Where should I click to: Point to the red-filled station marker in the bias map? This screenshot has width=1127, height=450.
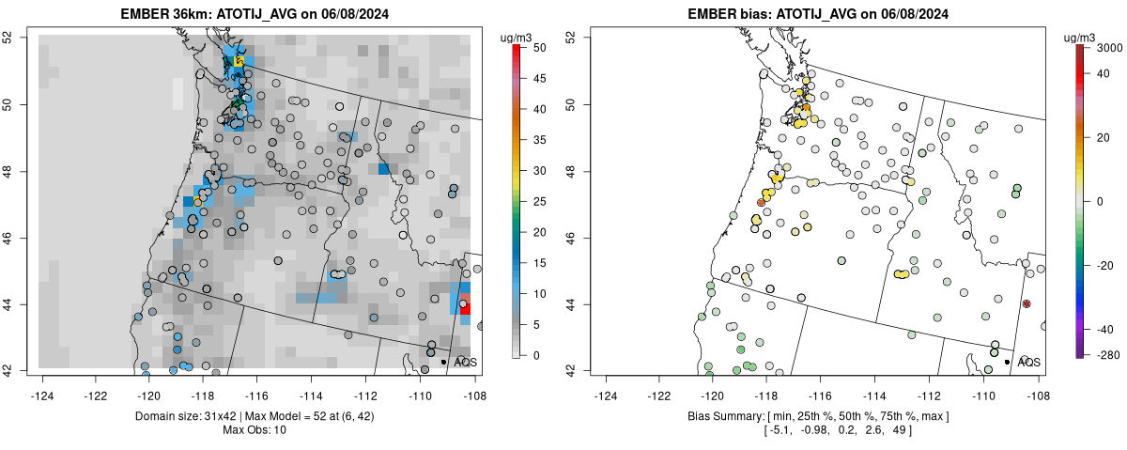[x=1027, y=303]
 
